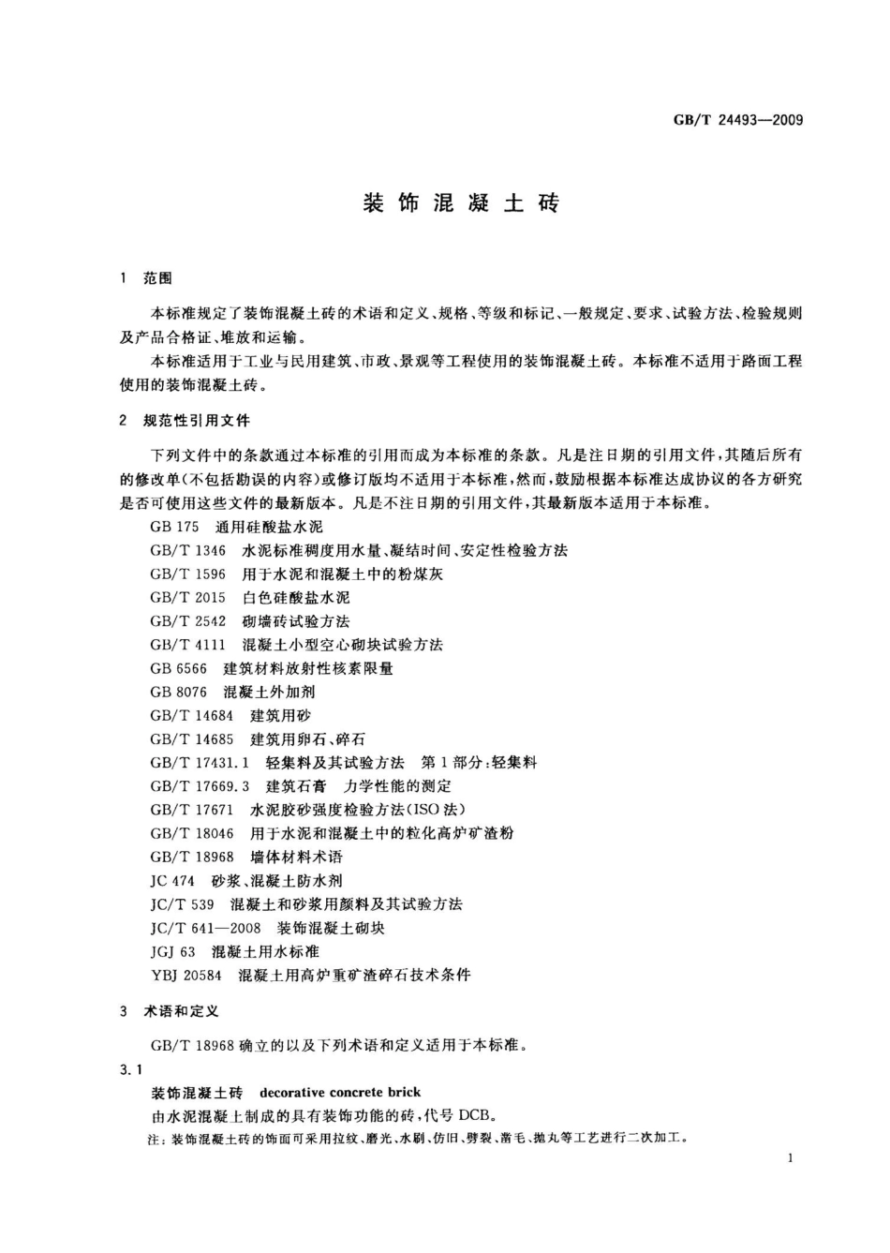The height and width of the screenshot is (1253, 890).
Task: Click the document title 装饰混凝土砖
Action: (x=460, y=203)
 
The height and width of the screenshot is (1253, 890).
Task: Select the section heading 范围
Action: (x=157, y=278)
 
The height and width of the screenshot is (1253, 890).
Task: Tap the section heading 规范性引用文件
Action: (x=197, y=421)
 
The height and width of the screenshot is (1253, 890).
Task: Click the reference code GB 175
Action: (x=174, y=527)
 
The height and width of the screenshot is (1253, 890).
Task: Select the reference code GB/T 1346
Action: (x=187, y=550)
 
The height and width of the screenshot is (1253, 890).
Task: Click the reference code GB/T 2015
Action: (x=187, y=597)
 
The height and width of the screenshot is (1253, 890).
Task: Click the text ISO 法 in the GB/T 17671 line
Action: (x=437, y=810)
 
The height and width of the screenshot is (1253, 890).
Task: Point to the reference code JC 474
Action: (x=172, y=881)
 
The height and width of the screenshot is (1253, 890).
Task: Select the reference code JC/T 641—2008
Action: (x=205, y=928)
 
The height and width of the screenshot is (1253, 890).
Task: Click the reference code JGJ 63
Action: (x=172, y=951)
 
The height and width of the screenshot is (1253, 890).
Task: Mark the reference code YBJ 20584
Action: (x=185, y=975)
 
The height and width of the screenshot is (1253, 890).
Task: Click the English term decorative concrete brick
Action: (x=340, y=1092)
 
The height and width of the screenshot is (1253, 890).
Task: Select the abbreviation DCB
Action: (x=477, y=1115)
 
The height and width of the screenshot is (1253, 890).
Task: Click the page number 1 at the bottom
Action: (x=791, y=1158)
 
